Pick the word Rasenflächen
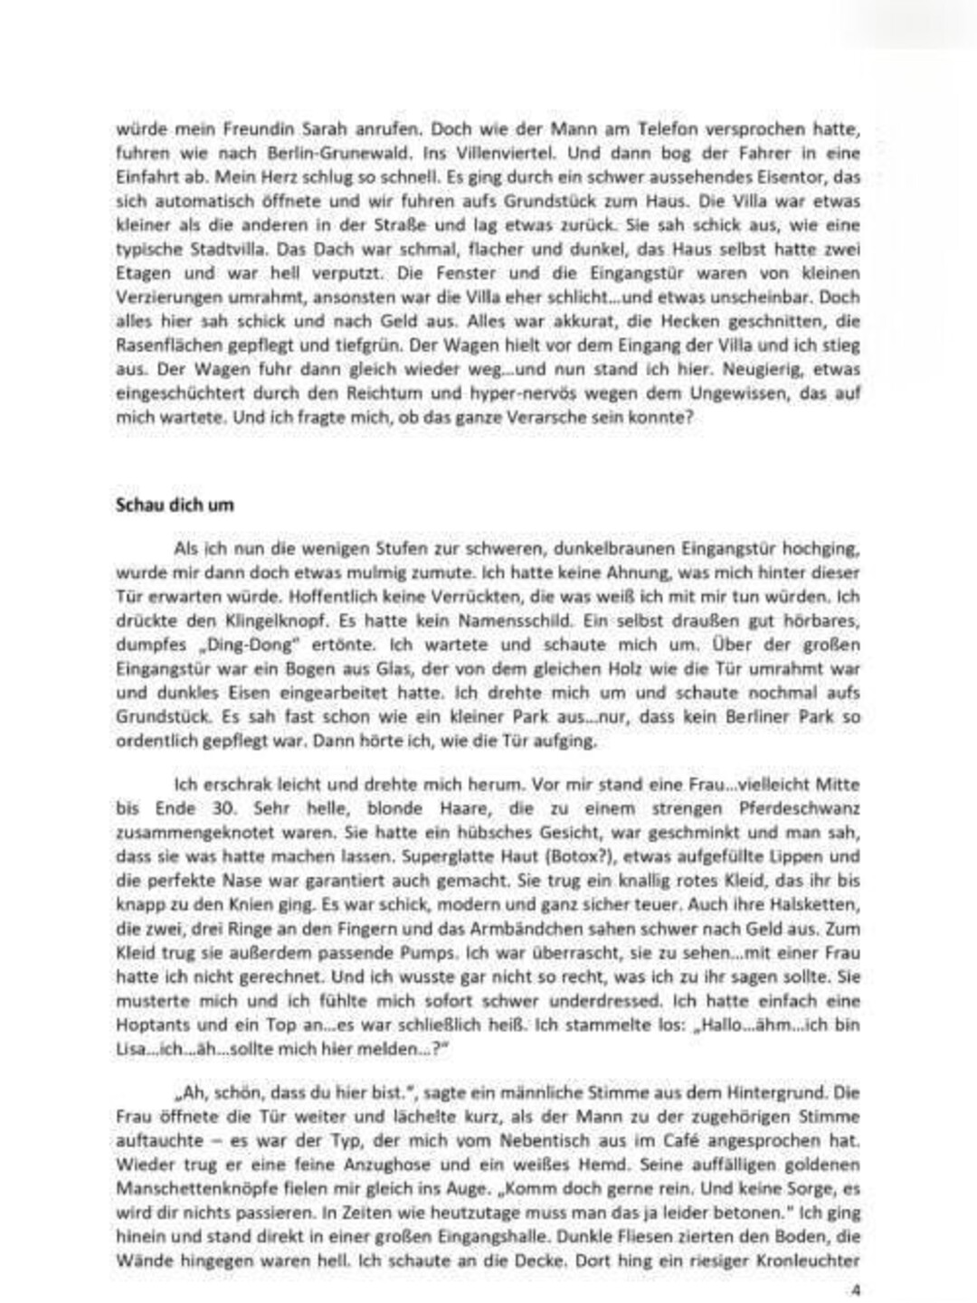159,345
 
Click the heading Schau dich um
175,505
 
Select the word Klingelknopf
261,621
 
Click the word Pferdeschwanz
795,808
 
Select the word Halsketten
817,905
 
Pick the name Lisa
131,1049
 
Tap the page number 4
855,1288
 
